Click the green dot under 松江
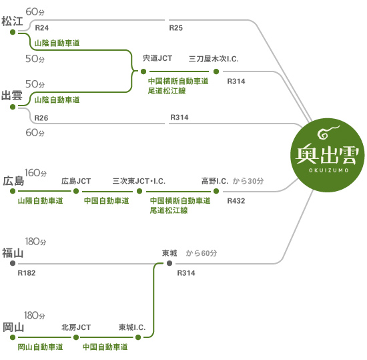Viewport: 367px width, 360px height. pyautogui.click(x=13, y=32)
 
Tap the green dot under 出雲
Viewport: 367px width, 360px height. pyautogui.click(x=13, y=107)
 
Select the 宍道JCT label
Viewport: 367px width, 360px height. pyautogui.click(x=157, y=58)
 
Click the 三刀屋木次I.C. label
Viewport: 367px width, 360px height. pyautogui.click(x=214, y=59)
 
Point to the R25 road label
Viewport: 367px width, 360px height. pyautogui.click(x=175, y=28)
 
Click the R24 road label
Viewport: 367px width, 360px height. pyautogui.click(x=41, y=28)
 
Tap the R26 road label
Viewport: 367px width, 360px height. pyautogui.click(x=41, y=118)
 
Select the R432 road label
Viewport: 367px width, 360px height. pyautogui.click(x=236, y=201)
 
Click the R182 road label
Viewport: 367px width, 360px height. pyautogui.click(x=27, y=273)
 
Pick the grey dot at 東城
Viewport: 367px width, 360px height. pyautogui.click(x=169, y=264)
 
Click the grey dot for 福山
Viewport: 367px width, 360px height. pyautogui.click(x=13, y=263)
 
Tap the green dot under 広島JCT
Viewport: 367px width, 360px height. pyautogui.click(x=76, y=191)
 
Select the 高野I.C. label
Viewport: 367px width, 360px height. pyautogui.click(x=215, y=181)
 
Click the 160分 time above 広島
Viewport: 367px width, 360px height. pyautogui.click(x=35, y=173)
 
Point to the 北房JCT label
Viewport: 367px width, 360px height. pyautogui.click(x=76, y=327)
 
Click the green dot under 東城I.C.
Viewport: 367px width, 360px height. pyautogui.click(x=138, y=337)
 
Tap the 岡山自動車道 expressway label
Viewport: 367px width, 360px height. pyautogui.click(x=41, y=347)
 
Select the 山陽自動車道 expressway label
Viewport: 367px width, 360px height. pyautogui.click(x=41, y=200)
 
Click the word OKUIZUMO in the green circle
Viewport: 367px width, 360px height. pyautogui.click(x=328, y=170)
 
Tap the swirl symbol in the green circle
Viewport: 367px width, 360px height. pyautogui.click(x=328, y=132)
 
